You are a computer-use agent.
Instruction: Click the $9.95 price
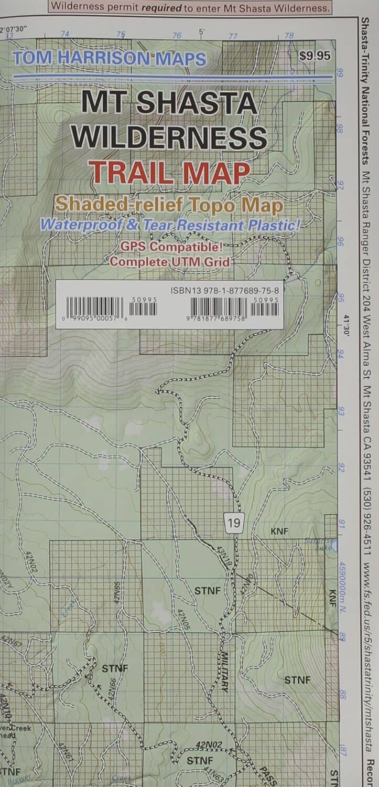coord(315,55)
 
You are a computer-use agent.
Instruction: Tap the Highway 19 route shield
coord(234,523)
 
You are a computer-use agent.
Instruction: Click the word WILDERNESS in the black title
coord(169,137)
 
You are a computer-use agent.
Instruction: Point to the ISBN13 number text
coord(225,290)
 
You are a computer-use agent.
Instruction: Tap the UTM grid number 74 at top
coord(65,34)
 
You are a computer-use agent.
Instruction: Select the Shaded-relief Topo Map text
coord(169,205)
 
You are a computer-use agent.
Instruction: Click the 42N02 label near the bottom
coord(209,744)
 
